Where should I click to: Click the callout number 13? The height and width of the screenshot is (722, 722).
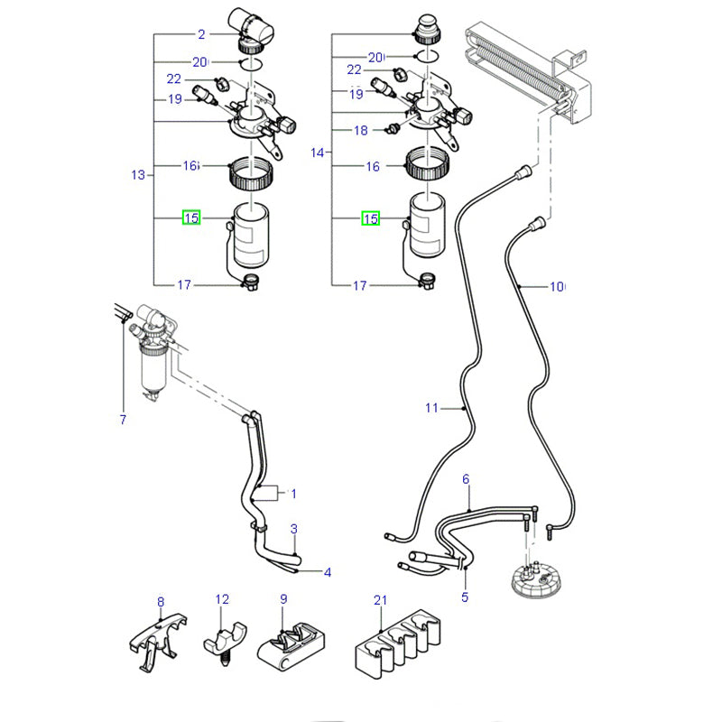(x=138, y=175)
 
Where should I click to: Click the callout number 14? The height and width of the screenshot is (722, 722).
(x=317, y=153)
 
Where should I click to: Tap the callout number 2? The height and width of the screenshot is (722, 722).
(x=202, y=35)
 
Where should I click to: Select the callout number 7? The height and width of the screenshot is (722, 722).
(x=123, y=420)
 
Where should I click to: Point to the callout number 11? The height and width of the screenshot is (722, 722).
(x=431, y=409)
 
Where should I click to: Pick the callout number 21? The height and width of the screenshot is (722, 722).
(x=380, y=600)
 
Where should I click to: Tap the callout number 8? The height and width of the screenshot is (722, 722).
(x=161, y=601)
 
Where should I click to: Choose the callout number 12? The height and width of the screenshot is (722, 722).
(x=222, y=598)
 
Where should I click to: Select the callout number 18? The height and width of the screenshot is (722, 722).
(x=360, y=131)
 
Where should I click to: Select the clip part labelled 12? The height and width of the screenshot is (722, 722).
(x=222, y=637)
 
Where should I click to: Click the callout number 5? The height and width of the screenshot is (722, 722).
(x=466, y=597)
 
